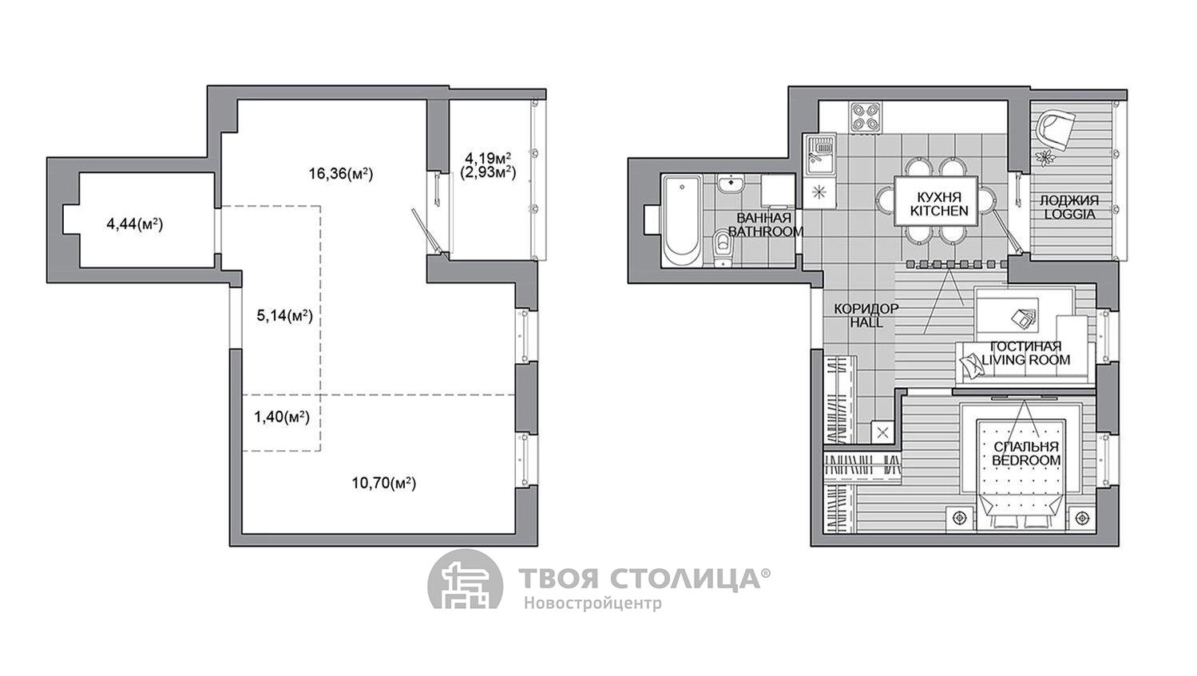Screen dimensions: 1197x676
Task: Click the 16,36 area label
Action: pos(340,173)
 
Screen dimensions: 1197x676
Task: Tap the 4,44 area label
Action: pos(135,224)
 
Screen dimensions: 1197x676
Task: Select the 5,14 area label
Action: pos(284,316)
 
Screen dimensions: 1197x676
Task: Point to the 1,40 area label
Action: pos(282,417)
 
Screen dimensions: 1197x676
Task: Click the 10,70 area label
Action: pos(383,483)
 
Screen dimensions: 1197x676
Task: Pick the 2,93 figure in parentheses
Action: pos(488,172)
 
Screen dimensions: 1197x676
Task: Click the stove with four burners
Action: pos(866,117)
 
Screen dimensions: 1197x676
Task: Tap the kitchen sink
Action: pos(820,154)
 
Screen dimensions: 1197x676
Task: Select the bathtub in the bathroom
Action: pos(681,221)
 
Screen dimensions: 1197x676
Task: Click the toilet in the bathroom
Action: pos(723,247)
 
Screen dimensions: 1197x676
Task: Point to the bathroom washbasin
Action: pos(731,184)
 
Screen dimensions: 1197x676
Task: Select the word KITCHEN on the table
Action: pos(939,211)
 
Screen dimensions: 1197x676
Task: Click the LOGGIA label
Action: pos(1068,215)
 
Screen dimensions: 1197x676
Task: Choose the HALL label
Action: pos(866,322)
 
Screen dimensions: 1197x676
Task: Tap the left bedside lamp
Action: pos(961,517)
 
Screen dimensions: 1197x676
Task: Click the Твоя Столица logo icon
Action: pos(466,579)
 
